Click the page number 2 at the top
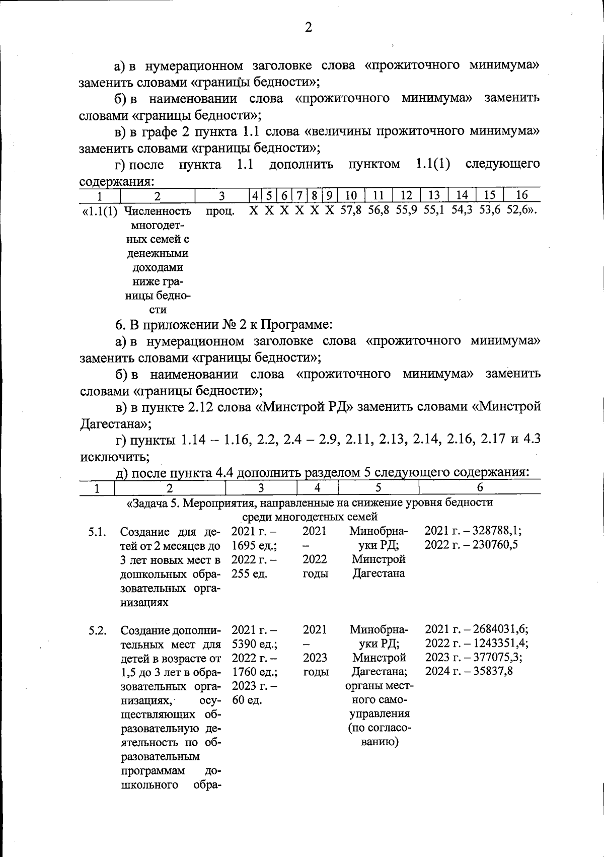[308, 28]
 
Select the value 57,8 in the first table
[351, 211]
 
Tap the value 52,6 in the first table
[518, 211]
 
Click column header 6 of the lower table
[479, 487]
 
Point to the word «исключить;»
[115, 457]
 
